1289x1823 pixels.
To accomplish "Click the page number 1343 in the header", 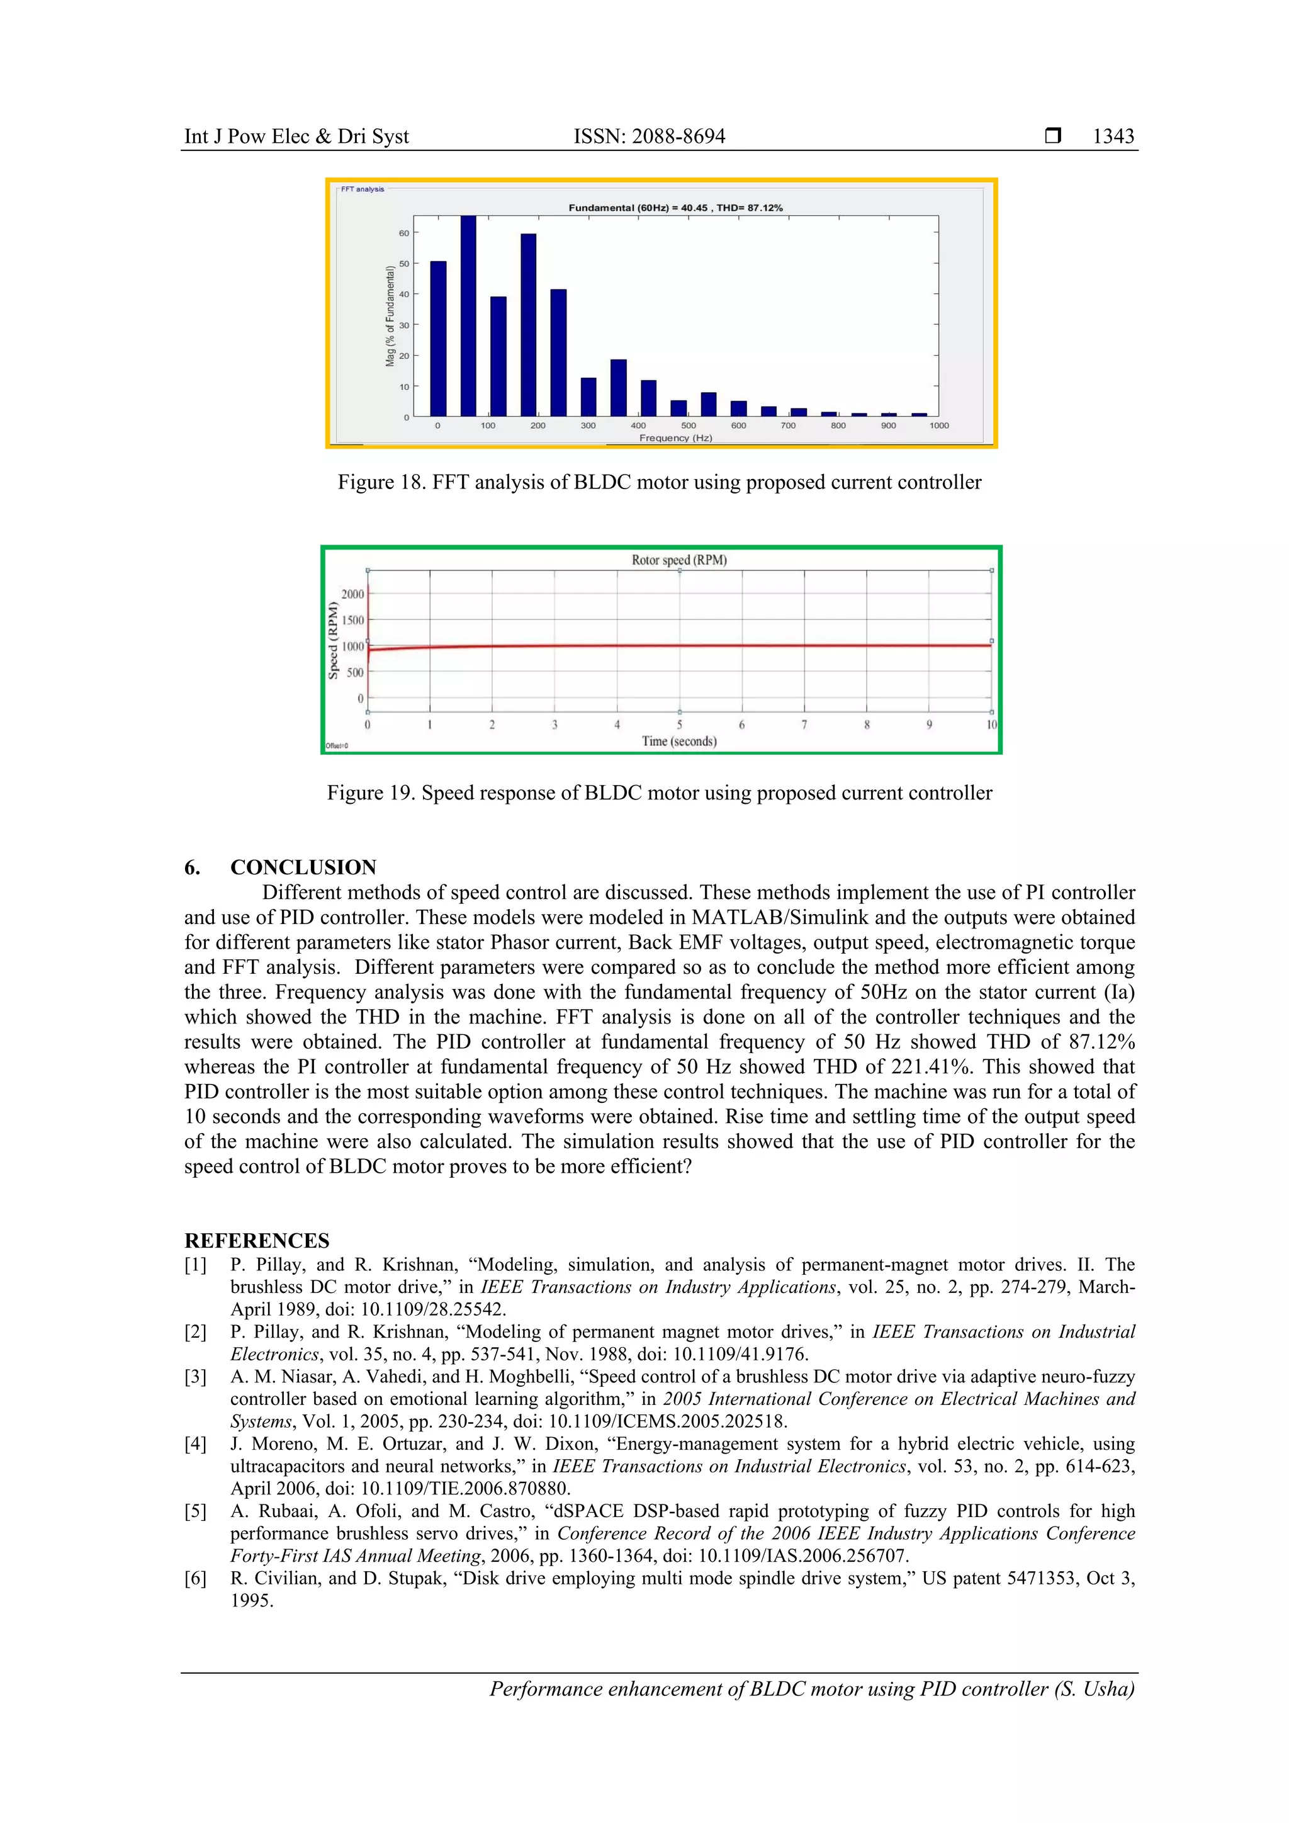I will (x=1113, y=137).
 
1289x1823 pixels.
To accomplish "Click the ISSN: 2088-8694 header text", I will (x=650, y=137).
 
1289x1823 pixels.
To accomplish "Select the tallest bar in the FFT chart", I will (x=468, y=315).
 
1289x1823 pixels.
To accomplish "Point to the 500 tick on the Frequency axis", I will (x=688, y=426).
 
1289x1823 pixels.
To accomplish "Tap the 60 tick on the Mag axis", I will (x=404, y=233).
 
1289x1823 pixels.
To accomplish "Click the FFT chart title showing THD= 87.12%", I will (x=675, y=208).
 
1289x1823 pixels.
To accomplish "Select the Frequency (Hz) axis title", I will (x=675, y=438).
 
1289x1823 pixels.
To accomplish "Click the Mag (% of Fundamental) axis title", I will (x=390, y=316).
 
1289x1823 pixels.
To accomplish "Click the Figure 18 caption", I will (x=660, y=483).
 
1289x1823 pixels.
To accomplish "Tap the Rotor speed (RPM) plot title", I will (x=678, y=560).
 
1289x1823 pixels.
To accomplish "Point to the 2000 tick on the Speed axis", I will (x=352, y=594).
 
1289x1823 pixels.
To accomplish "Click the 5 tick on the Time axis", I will (x=679, y=725).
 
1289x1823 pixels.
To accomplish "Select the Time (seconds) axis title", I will (x=678, y=742).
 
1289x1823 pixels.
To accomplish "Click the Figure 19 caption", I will (x=660, y=793).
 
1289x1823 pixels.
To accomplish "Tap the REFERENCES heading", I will (x=256, y=1240).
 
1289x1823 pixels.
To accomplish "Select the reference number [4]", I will (x=195, y=1444).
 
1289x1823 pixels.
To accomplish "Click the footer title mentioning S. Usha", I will (x=811, y=1689).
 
